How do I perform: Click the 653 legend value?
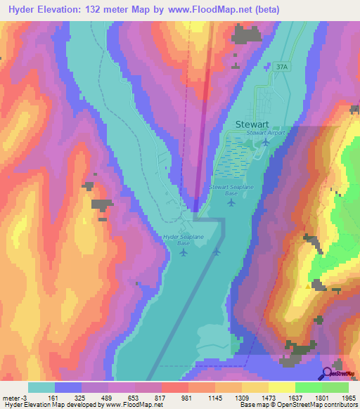[128, 397]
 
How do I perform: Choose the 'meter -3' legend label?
[15, 397]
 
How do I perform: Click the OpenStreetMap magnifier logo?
[326, 373]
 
